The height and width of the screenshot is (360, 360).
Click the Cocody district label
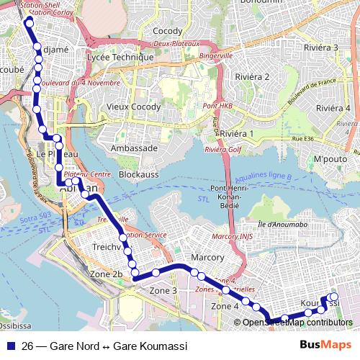click(x=168, y=31)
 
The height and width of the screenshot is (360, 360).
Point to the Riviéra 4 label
click(x=332, y=108)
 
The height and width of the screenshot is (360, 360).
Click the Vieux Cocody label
click(x=133, y=107)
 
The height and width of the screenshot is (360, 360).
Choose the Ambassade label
click(x=134, y=148)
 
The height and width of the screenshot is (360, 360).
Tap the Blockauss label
click(x=138, y=174)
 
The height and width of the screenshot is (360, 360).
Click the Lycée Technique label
click(x=120, y=57)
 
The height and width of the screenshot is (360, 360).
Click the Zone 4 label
click(x=225, y=306)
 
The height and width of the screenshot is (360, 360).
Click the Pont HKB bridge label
click(x=218, y=107)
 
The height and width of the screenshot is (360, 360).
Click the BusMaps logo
click(x=325, y=346)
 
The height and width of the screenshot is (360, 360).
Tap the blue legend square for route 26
click(x=10, y=346)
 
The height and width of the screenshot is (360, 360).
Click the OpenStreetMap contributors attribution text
click(x=297, y=322)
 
